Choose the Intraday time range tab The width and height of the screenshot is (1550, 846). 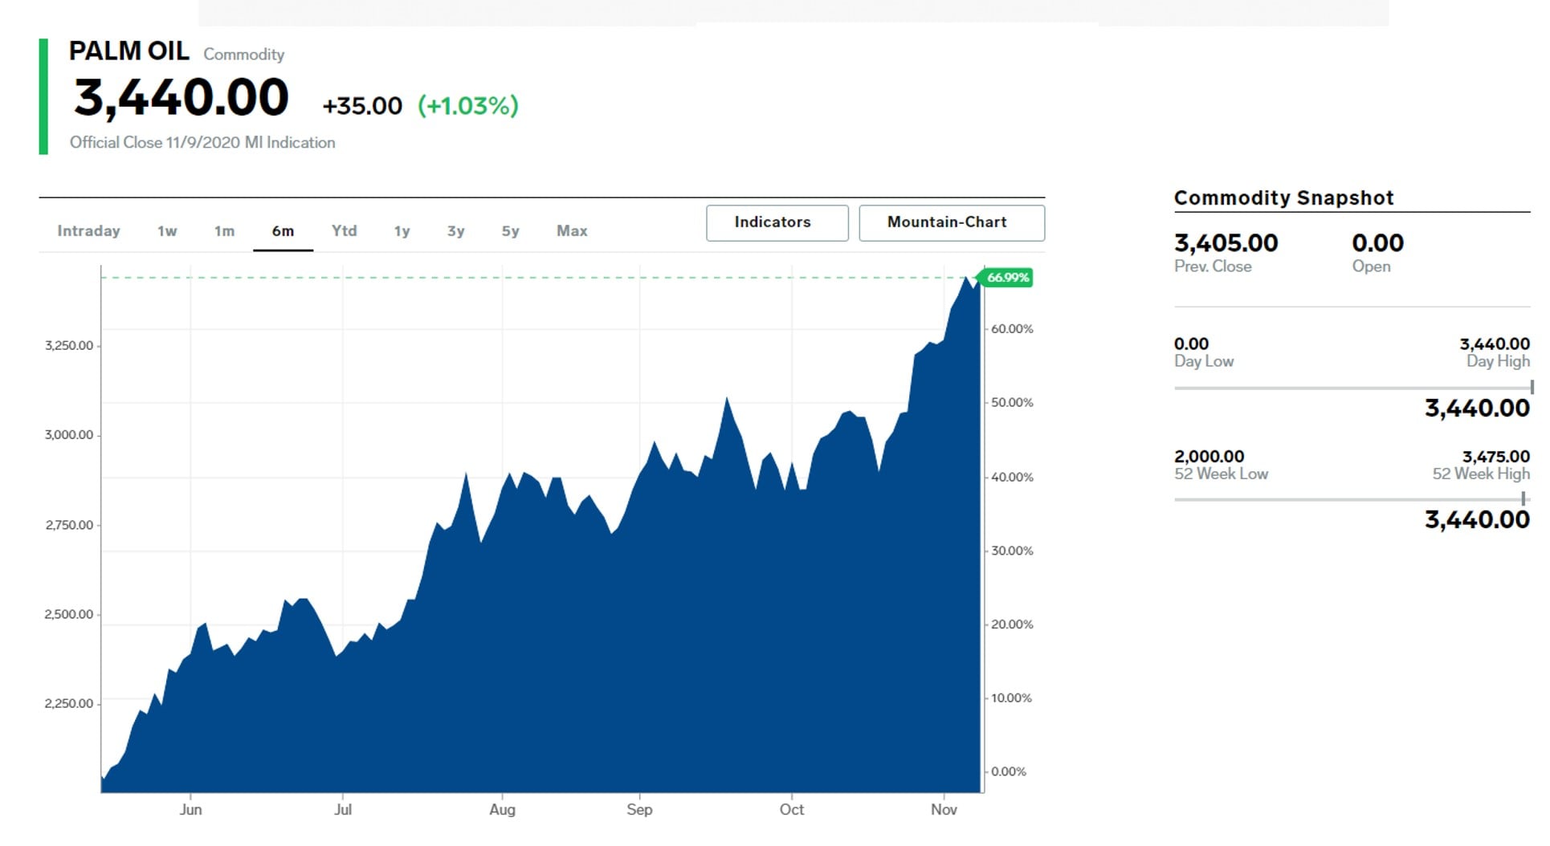tap(88, 231)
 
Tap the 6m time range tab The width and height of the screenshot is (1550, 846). tap(283, 231)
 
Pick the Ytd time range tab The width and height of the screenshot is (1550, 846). tap(345, 231)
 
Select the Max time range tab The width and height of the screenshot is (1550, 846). tap(572, 231)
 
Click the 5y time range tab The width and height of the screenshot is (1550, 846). tap(511, 231)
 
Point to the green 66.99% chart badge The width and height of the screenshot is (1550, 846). tap(1007, 278)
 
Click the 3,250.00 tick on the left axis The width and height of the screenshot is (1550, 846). tap(69, 346)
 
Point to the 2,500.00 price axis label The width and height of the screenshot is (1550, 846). tap(69, 615)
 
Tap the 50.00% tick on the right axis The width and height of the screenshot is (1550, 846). tap(1012, 403)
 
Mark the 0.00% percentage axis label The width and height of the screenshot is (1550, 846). tap(1009, 772)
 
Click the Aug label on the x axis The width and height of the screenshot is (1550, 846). tap(502, 810)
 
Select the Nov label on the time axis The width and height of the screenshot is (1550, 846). tap(944, 810)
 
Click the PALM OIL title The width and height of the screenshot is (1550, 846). tap(129, 51)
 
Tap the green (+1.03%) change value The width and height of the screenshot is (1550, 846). tap(468, 106)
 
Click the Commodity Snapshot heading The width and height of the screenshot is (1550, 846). tap(1283, 198)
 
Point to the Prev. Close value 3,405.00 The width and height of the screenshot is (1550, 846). tap(1226, 243)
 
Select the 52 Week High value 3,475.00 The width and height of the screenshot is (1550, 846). tap(1495, 457)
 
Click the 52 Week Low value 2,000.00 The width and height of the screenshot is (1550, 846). tap(1209, 457)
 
